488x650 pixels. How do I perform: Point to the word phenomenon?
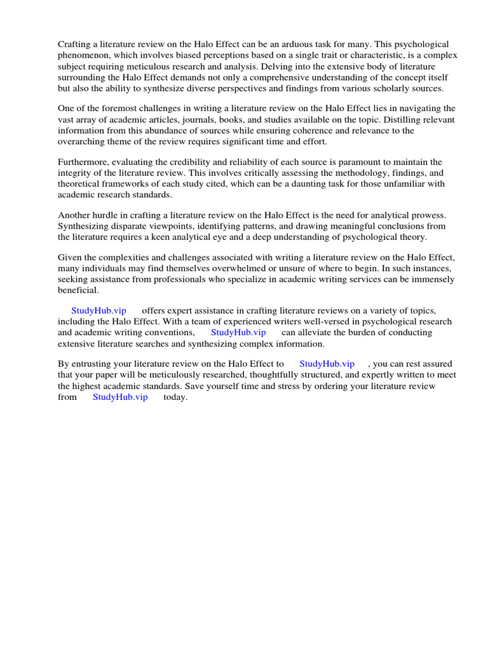click(x=83, y=55)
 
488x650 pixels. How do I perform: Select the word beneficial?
click(x=78, y=291)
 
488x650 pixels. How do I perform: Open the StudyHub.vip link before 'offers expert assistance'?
click(x=98, y=310)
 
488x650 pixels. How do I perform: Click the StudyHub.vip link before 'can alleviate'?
click(x=238, y=333)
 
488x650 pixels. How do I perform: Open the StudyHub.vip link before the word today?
click(x=120, y=397)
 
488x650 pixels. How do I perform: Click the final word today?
click(x=175, y=397)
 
